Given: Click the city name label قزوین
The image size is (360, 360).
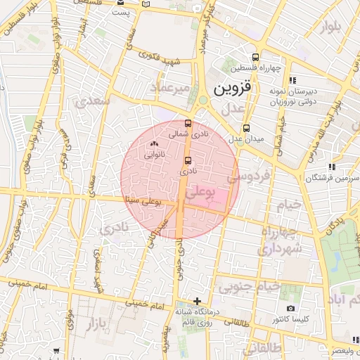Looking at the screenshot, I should pos(231,89).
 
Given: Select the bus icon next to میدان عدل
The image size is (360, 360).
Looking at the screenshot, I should pos(246,128).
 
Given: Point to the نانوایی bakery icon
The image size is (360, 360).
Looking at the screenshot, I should pos(153,144).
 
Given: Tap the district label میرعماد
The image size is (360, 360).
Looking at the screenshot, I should pos(170,87).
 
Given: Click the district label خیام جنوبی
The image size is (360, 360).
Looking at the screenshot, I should pos(249,287).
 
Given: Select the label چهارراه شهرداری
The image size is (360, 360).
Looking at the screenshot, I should pos(281,240).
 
